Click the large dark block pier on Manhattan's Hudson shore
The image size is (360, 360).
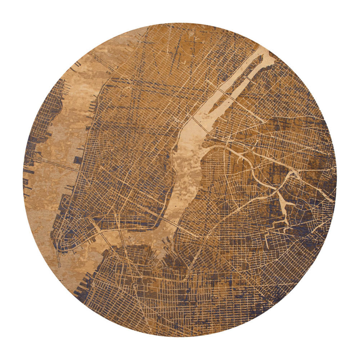point(78,161)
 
